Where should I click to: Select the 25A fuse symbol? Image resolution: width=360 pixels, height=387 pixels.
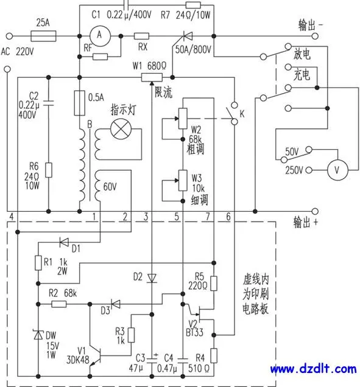pyautogui.click(x=43, y=36)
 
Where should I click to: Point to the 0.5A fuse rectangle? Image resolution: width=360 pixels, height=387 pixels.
pyautogui.click(x=80, y=103)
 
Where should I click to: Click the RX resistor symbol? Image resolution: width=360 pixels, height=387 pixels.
pyautogui.click(x=141, y=36)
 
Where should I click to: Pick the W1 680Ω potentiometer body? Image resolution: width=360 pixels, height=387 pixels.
pyautogui.click(x=152, y=77)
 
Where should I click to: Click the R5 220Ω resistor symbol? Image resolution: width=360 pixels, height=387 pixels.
pyautogui.click(x=214, y=284)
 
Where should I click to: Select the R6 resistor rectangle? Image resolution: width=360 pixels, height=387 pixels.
pyautogui.click(x=49, y=170)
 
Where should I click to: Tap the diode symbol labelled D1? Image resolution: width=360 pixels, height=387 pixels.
pyautogui.click(x=64, y=242)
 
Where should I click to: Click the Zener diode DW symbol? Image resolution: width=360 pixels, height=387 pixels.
pyautogui.click(x=38, y=335)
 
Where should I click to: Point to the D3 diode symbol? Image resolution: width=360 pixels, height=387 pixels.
pyautogui.click(x=115, y=304)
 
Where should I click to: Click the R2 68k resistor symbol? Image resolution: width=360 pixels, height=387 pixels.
pyautogui.click(x=59, y=304)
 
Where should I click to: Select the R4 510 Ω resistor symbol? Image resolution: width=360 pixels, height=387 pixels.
pyautogui.click(x=214, y=355)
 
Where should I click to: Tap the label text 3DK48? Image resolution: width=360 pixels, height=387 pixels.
pyautogui.click(x=78, y=360)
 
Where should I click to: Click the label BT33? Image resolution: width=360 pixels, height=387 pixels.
pyautogui.click(x=195, y=332)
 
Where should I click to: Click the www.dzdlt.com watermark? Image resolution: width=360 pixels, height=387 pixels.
pyautogui.click(x=313, y=369)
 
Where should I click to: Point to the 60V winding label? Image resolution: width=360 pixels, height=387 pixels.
pyautogui.click(x=110, y=187)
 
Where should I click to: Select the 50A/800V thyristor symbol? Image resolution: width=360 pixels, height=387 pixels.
pyautogui.click(x=187, y=37)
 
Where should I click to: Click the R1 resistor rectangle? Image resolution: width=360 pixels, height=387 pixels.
pyautogui.click(x=38, y=263)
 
